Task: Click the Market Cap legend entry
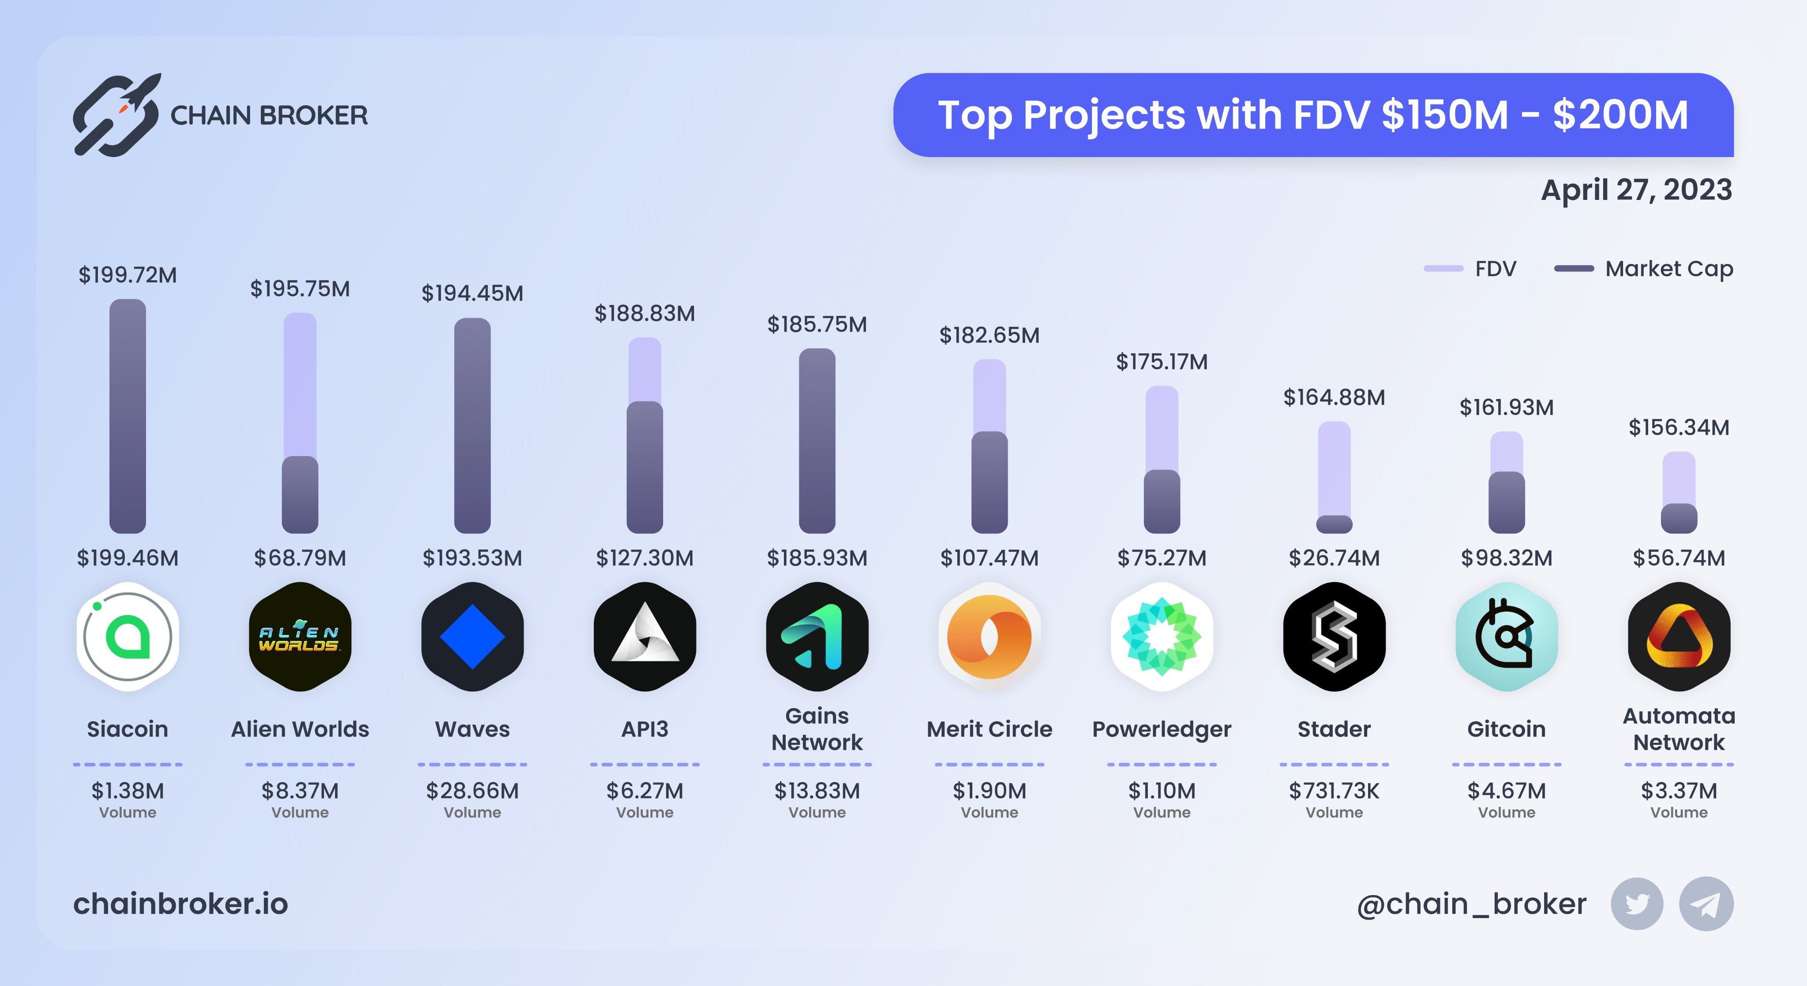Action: tap(1644, 269)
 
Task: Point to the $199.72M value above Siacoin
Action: tap(127, 275)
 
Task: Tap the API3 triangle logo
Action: tap(645, 636)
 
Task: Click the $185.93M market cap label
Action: tap(817, 558)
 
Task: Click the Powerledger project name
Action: tap(1162, 729)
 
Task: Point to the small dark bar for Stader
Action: tap(1334, 524)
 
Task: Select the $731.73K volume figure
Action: tap(1334, 791)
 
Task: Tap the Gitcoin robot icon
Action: tap(1506, 636)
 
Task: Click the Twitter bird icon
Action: tap(1637, 904)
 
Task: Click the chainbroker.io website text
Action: tap(180, 904)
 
